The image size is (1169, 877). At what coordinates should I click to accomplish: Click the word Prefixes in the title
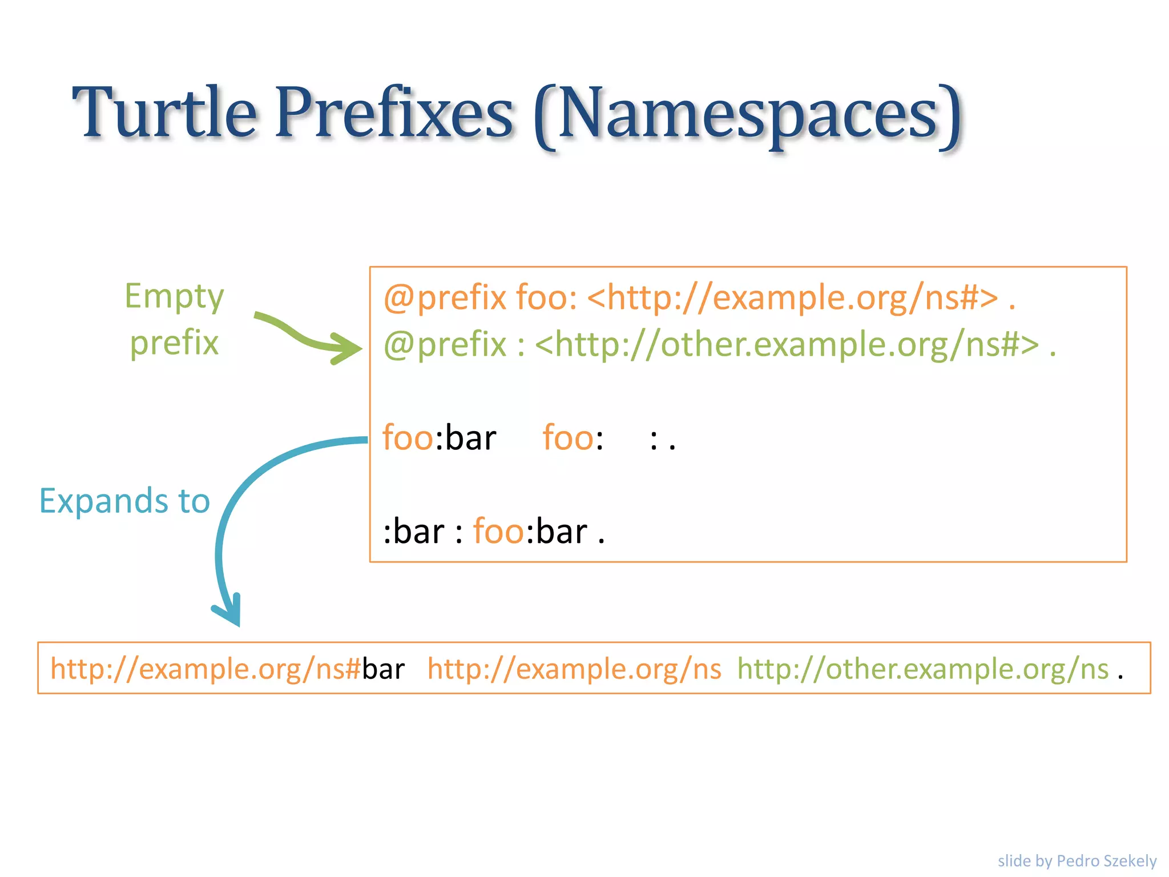pos(394,112)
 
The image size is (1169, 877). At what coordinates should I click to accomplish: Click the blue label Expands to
pos(124,501)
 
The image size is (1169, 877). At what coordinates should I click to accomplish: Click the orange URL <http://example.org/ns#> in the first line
pos(792,298)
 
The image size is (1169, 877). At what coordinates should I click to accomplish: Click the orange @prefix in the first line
pos(445,298)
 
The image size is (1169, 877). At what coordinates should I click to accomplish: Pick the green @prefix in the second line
pos(445,345)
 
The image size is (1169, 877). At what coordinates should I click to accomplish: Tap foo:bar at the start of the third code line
pos(439,438)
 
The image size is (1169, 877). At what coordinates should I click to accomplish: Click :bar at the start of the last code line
pos(413,532)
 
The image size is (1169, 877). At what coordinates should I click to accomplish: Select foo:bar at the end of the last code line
pos(530,532)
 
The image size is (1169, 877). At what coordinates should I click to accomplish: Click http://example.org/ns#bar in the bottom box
pos(227,669)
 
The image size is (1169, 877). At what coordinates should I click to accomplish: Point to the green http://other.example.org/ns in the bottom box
pos(922,669)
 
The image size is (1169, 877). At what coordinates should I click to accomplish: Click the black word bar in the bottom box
pos(383,669)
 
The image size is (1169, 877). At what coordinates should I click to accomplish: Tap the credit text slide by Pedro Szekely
pos(1077,860)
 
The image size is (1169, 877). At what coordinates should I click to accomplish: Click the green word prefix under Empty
pos(174,344)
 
